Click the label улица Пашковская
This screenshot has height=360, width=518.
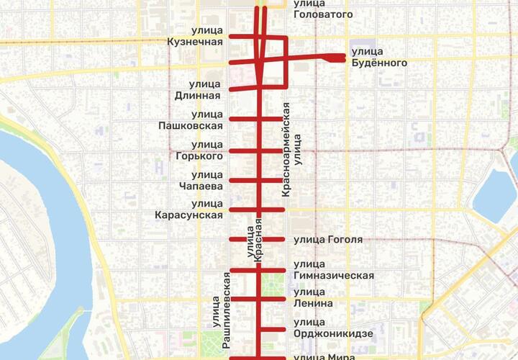(x=191, y=120)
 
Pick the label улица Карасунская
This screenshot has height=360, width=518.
(x=188, y=210)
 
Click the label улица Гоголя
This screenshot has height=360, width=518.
(x=328, y=240)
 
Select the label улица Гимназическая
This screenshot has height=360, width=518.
(x=333, y=270)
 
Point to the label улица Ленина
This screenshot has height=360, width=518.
(x=314, y=297)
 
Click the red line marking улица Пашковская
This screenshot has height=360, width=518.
(x=245, y=118)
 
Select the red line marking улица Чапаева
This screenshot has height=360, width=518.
(x=245, y=180)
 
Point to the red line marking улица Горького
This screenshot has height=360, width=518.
(x=245, y=150)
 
